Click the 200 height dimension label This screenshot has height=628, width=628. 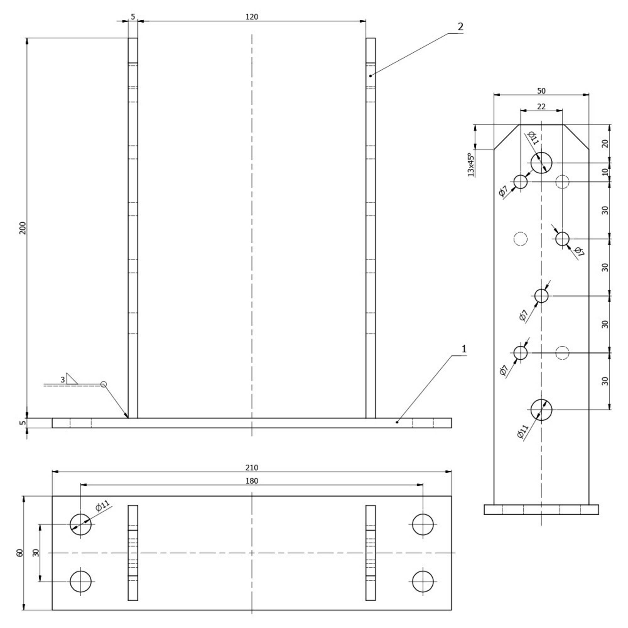(x=23, y=228)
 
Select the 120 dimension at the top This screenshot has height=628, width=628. (x=252, y=17)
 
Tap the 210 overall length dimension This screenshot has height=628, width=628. (x=252, y=468)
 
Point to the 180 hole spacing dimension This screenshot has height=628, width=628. (x=252, y=481)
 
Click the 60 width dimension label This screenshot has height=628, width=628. (x=20, y=553)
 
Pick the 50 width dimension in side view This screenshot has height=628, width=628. (x=541, y=91)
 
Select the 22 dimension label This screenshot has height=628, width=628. (x=541, y=106)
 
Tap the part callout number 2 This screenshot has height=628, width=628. (x=460, y=27)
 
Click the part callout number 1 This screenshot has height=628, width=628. (x=464, y=349)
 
